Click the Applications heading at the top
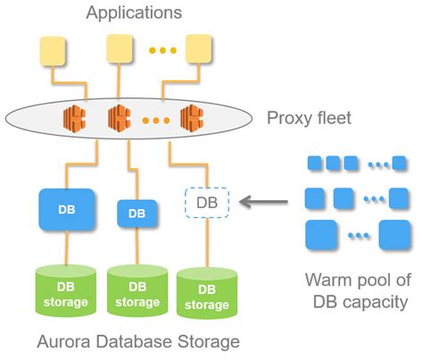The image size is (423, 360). pos(134,13)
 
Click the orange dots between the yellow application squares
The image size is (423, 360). pos(162,51)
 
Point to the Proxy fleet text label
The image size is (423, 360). pos(309,117)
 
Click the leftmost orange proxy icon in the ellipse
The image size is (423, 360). pos(76,116)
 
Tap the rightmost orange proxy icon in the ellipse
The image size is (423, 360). pos(192,116)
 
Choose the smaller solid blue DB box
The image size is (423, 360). pos(137,214)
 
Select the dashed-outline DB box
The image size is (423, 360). pos(207,203)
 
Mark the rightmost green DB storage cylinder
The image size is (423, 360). pos(207,297)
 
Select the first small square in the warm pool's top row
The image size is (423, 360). pos(314,163)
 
